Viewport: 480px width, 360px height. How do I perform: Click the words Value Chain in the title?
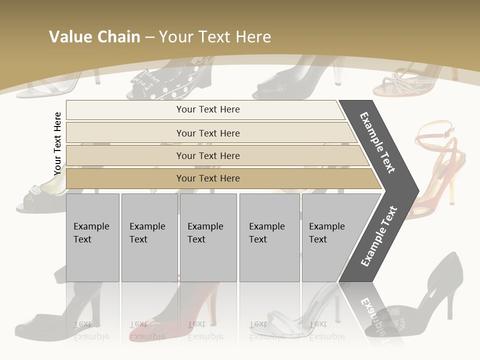click(x=94, y=37)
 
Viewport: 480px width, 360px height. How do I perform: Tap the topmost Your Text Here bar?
click(x=207, y=109)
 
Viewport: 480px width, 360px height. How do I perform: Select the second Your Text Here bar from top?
click(x=207, y=133)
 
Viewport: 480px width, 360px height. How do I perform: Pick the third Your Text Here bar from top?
click(x=207, y=155)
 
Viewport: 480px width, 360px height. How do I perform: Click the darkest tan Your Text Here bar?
click(x=207, y=178)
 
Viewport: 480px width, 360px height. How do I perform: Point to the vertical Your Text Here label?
click(x=57, y=143)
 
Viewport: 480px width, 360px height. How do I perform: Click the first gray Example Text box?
click(x=92, y=237)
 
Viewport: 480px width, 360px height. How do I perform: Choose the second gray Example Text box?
click(x=149, y=237)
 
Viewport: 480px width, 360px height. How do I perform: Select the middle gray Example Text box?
click(x=208, y=237)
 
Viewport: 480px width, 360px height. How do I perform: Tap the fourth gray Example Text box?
click(x=269, y=237)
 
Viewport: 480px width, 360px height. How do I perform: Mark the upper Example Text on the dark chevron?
click(x=378, y=142)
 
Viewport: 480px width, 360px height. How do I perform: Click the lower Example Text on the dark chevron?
click(x=378, y=236)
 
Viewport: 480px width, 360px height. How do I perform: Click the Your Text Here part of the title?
click(x=215, y=37)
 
